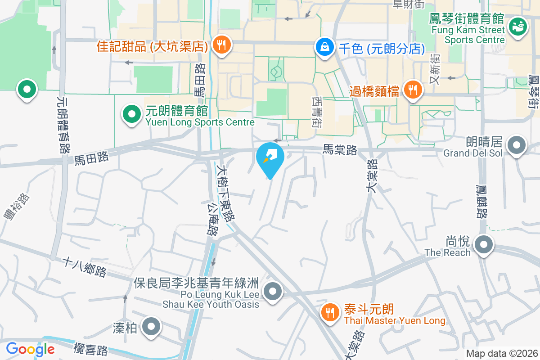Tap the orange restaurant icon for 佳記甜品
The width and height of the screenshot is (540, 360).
tap(221, 45)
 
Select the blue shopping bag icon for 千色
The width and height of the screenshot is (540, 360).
tap(324, 47)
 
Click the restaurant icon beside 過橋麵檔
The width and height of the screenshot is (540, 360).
tap(412, 90)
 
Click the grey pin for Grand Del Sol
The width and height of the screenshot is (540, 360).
tap(517, 146)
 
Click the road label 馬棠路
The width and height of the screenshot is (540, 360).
tap(340, 149)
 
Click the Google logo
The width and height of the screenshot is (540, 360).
tap(30, 349)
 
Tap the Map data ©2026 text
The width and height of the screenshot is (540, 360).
tap(501, 353)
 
